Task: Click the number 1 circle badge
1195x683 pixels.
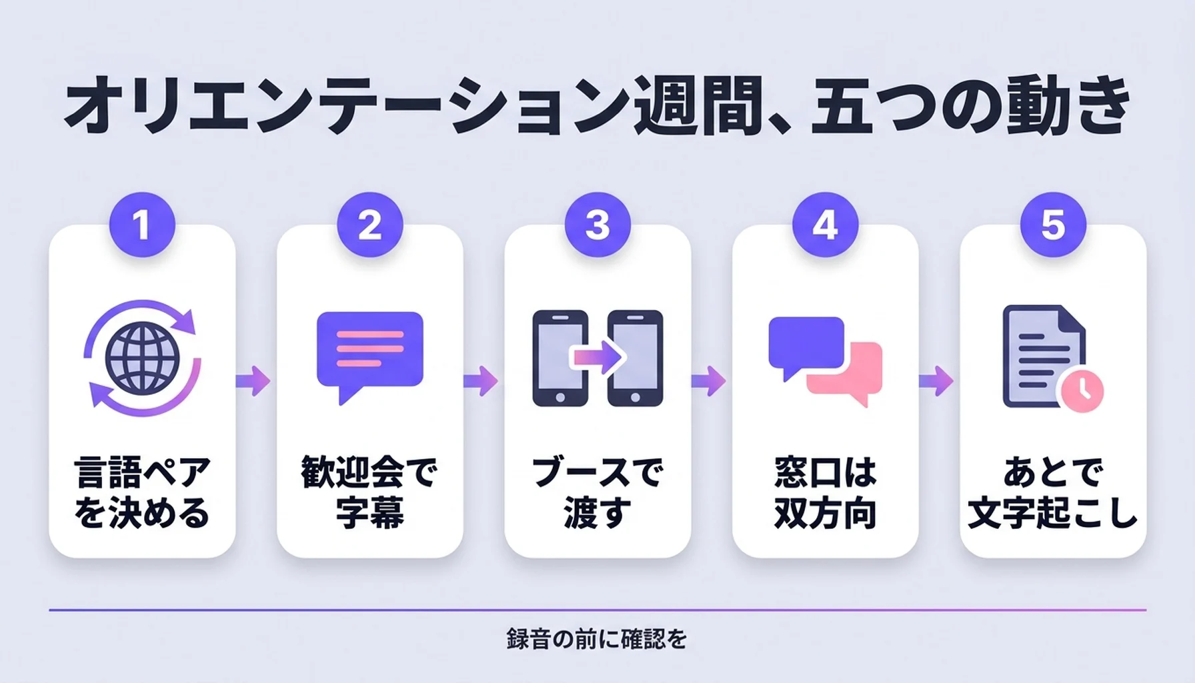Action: coord(142,225)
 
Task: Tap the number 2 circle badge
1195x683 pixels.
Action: coord(370,225)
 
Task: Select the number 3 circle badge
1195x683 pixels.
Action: coord(597,225)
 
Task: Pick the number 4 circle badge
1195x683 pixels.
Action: coord(826,225)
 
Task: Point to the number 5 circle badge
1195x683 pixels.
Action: coord(1054,225)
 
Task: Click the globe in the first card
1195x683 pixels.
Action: coord(142,358)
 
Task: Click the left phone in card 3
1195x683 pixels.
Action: coord(560,358)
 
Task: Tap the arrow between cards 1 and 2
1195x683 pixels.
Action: coord(253,382)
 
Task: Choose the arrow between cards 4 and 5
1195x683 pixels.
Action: coord(936,382)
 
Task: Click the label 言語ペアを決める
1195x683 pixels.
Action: coord(142,492)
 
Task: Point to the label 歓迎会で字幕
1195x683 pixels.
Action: coord(370,492)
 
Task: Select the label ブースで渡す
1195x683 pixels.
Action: coord(597,492)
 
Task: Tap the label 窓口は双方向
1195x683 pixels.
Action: coord(826,492)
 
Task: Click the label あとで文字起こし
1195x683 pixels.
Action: coord(1054,492)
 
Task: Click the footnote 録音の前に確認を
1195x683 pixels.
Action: coord(597,639)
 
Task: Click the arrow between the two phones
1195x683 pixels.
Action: coord(597,358)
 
